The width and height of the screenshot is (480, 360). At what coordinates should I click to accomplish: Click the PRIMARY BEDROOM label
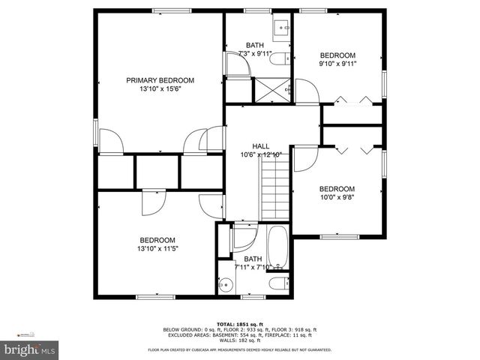160,80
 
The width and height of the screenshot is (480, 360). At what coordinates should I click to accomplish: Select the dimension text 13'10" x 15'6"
160,89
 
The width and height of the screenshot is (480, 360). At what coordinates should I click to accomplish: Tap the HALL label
260,146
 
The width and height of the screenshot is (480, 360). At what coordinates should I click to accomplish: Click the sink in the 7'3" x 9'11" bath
283,28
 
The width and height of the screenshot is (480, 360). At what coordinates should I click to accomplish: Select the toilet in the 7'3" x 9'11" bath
279,59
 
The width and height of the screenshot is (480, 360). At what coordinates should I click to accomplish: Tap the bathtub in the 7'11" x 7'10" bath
277,247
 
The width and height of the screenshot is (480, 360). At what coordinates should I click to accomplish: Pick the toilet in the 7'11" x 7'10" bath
278,283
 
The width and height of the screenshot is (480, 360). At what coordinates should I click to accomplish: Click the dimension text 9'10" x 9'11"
337,64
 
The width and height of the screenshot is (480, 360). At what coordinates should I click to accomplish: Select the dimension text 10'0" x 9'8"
336,198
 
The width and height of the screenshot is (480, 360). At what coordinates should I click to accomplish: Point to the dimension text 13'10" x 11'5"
157,249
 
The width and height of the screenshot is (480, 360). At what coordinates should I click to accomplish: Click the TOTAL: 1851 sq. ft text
241,323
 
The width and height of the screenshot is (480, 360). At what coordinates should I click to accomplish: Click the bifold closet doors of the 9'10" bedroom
352,101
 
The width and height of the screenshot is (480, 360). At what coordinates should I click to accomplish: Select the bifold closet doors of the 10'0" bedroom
352,148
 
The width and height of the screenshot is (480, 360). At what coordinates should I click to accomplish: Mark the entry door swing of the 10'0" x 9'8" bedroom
304,158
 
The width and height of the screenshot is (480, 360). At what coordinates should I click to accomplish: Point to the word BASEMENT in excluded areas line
233,335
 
